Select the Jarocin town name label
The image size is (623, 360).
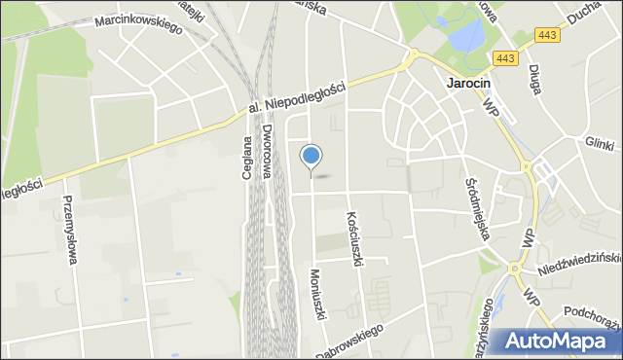pyautogui.click(x=472, y=84)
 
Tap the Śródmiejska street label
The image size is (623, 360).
pyautogui.click(x=476, y=195)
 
